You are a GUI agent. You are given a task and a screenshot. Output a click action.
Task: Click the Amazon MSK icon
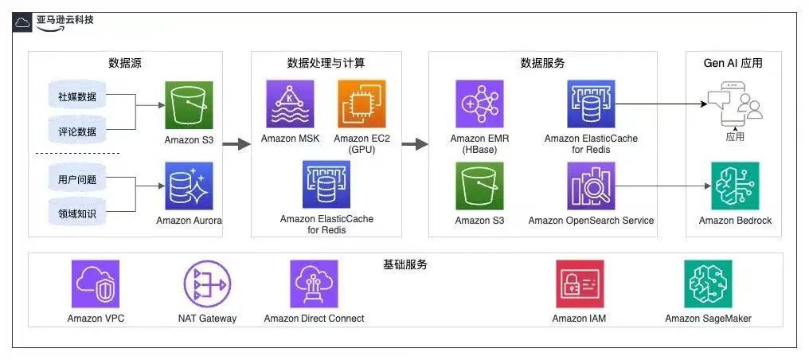[290, 104]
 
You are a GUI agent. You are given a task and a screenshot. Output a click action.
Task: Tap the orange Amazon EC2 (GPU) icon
[362, 104]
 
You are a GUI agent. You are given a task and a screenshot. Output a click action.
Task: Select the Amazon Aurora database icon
[189, 186]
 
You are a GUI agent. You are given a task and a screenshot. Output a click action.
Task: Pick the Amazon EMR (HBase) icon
[479, 104]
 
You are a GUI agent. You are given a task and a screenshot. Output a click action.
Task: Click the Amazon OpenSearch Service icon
[591, 186]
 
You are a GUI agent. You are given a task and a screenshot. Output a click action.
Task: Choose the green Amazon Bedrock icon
[735, 186]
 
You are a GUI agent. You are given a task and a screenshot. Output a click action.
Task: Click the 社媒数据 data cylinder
[77, 97]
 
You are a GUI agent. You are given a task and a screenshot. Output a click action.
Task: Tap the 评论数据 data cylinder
[77, 131]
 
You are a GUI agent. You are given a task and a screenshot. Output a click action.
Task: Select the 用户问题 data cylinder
[77, 180]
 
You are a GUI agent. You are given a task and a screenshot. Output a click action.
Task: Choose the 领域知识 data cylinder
[77, 213]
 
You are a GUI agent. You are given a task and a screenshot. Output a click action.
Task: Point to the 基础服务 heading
[405, 264]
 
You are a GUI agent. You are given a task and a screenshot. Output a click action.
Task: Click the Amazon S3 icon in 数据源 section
[189, 104]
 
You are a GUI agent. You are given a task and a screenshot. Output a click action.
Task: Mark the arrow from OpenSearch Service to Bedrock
[661, 186]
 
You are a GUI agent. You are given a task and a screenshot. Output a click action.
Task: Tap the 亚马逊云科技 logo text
[64, 19]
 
